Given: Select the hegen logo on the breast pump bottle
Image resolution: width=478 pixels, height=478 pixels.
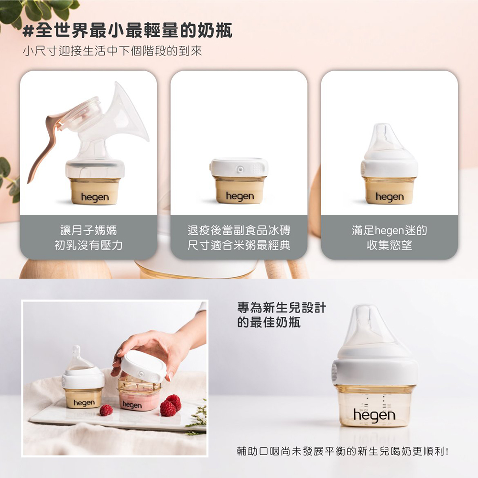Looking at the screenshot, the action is point(95,197).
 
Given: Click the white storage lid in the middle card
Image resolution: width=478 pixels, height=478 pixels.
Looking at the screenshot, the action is point(239,167).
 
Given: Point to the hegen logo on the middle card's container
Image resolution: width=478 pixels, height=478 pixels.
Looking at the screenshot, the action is point(239,196).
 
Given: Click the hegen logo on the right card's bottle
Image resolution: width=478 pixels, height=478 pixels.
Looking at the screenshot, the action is point(390,197).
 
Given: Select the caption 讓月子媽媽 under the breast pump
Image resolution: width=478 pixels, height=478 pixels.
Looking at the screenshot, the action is point(89,230).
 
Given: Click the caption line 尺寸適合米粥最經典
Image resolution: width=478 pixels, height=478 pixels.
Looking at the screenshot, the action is point(239,245).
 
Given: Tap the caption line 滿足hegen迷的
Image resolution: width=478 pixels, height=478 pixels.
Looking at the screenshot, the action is point(389,230).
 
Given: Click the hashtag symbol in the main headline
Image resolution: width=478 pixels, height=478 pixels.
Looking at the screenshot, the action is point(28,32).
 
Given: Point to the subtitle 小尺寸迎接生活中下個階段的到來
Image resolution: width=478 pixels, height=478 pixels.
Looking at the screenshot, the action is point(112,51).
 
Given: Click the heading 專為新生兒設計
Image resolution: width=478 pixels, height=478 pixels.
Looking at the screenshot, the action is point(282,307).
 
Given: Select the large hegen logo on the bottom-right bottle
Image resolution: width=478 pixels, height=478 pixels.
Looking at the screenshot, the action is point(374,415).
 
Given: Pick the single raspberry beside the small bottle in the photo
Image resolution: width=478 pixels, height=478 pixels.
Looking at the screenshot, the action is point(106,410).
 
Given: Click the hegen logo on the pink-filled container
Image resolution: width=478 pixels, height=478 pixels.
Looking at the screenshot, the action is point(132,405).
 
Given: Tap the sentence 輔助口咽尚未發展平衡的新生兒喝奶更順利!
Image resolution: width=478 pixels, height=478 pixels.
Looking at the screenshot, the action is point(343,451).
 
